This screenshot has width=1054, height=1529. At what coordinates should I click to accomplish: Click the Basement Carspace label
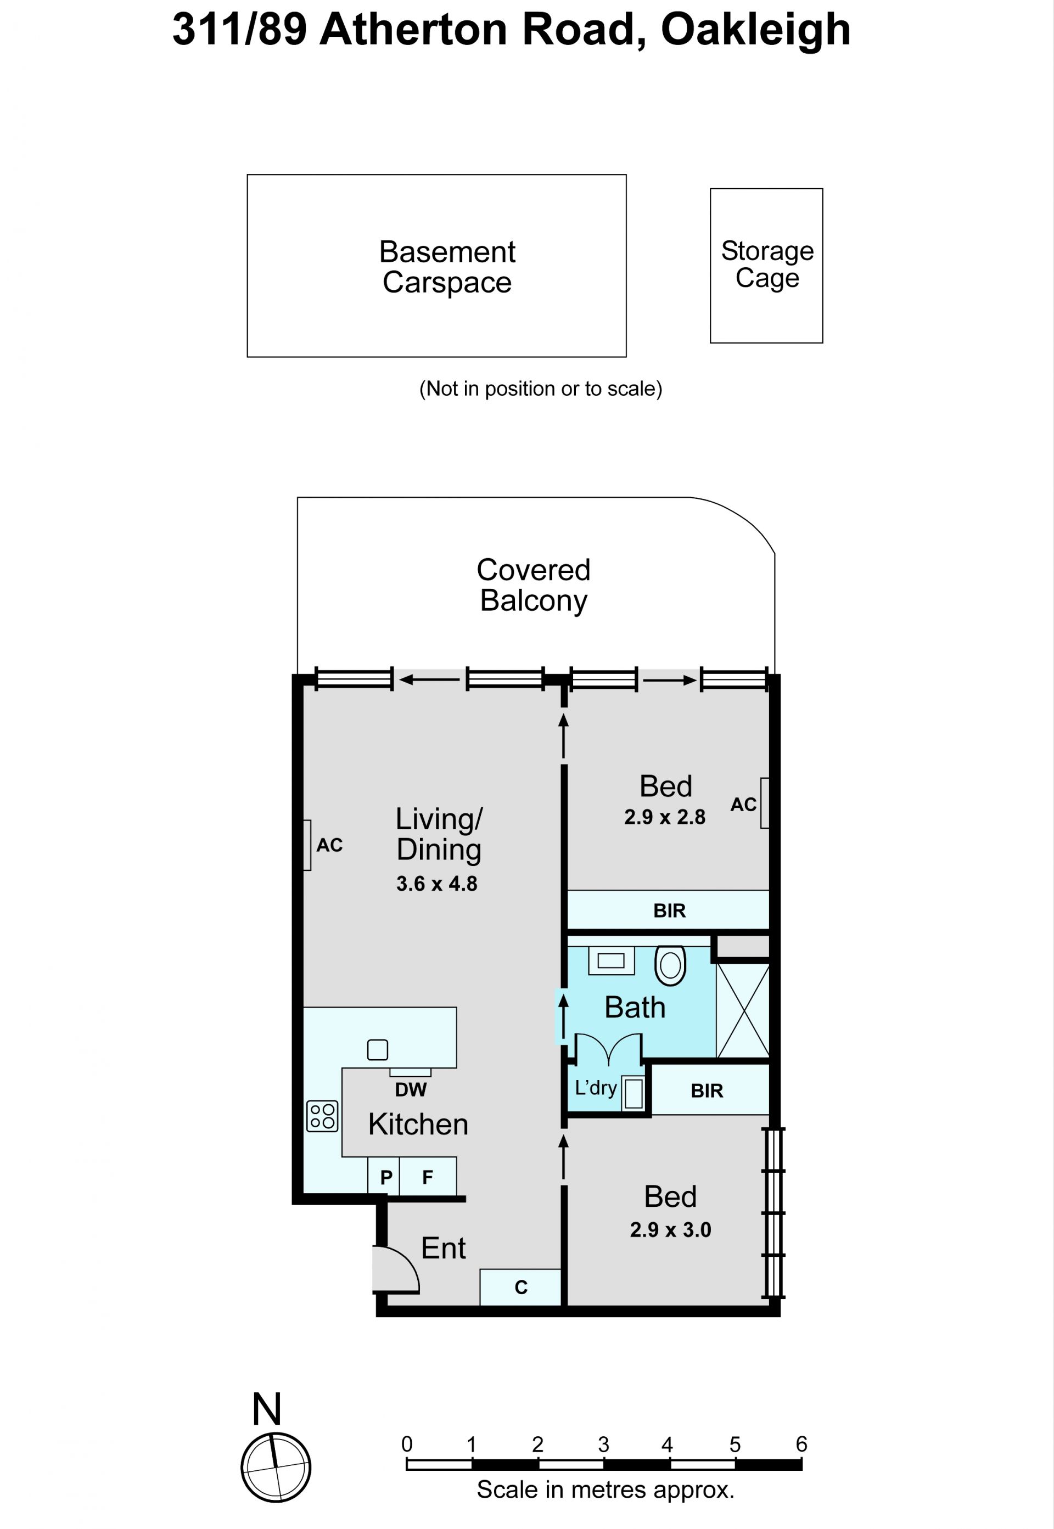(x=447, y=267)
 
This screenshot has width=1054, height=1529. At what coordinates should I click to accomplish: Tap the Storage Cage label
(x=767, y=264)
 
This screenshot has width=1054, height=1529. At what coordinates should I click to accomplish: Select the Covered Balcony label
(x=534, y=585)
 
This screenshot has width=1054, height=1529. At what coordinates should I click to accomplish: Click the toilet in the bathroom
(x=670, y=965)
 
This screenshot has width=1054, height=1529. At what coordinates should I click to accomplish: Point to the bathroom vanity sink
(x=611, y=960)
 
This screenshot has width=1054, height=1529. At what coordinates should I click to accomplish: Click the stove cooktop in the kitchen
(x=322, y=1116)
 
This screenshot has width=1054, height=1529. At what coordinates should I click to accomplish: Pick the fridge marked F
(x=427, y=1177)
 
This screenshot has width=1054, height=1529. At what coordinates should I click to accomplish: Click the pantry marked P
(x=386, y=1177)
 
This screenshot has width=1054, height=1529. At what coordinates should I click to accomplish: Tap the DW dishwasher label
(x=411, y=1090)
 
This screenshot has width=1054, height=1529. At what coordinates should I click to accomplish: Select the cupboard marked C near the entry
(x=520, y=1287)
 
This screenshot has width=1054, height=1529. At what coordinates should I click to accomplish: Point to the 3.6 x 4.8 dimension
(x=436, y=884)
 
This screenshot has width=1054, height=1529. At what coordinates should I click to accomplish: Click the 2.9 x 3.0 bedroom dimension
(x=670, y=1230)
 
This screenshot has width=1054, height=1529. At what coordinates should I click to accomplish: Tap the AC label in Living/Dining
(x=329, y=845)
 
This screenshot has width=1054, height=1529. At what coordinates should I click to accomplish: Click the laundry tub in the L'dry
(x=633, y=1093)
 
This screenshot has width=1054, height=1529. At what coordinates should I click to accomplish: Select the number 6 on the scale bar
(x=801, y=1444)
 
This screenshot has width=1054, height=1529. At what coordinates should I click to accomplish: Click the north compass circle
(x=276, y=1468)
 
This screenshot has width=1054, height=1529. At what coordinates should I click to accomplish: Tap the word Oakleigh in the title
(x=755, y=30)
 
